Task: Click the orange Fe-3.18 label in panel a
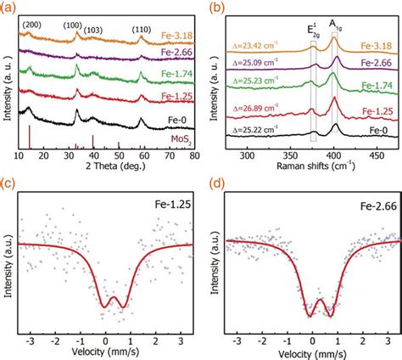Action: [x=176, y=37]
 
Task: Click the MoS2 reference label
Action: [x=177, y=141]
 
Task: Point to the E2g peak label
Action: [x=313, y=29]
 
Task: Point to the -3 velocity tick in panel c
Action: [x=29, y=339]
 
